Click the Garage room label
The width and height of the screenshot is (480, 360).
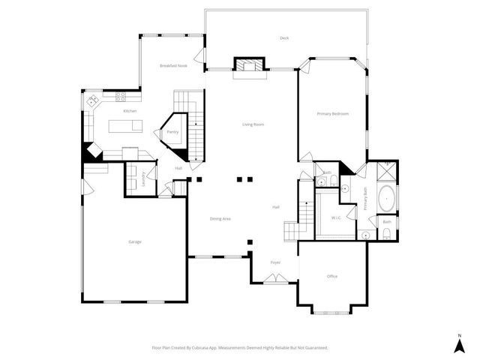[x=135, y=241]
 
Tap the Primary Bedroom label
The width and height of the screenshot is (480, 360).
[x=333, y=113]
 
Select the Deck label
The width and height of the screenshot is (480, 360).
[x=284, y=38]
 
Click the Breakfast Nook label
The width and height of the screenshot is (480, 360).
[x=172, y=66]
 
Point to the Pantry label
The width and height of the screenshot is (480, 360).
[x=172, y=132]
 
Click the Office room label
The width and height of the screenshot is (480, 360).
[x=332, y=276]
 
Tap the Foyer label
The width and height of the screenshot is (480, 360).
[x=275, y=262]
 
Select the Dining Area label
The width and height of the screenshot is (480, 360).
[x=220, y=218]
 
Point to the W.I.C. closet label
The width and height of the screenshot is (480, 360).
[x=337, y=217]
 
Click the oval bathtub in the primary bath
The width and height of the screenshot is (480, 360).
[x=387, y=200]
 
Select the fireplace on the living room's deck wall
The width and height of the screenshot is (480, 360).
[x=249, y=65]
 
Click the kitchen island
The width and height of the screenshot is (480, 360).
[x=124, y=125]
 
